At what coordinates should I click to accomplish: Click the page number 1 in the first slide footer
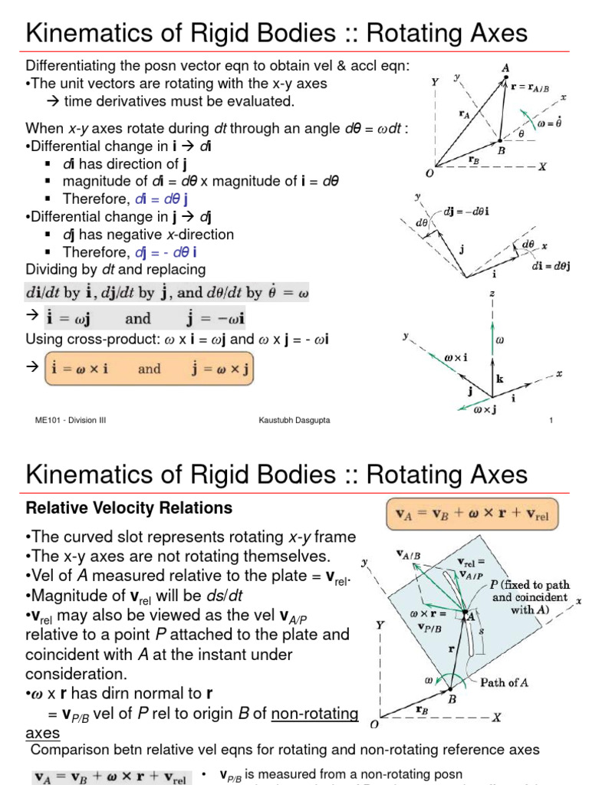pos(551,420)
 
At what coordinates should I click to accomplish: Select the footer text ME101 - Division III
pos(67,420)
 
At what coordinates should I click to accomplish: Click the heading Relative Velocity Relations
pos(130,507)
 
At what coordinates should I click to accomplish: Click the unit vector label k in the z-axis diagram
pos(499,379)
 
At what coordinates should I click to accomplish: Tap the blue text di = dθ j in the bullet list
pos(162,199)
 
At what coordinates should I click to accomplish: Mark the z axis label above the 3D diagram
pos(492,294)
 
